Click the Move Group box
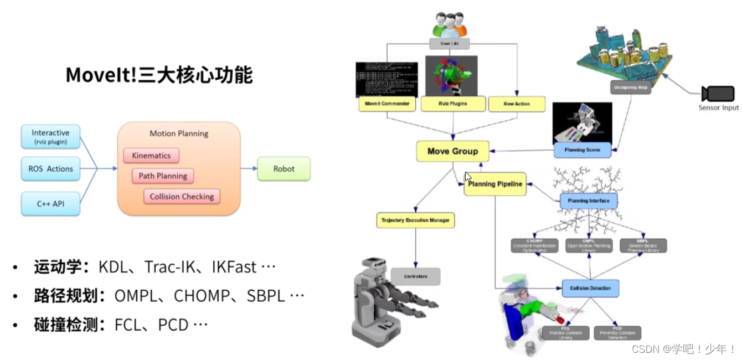453,151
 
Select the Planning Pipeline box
495,184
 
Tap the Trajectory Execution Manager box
415,220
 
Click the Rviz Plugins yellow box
453,104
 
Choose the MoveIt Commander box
387,104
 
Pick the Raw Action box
516,104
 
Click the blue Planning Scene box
581,150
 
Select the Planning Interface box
588,200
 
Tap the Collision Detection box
590,288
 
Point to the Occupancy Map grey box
630,87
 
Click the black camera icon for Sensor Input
717,93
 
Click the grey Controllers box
415,276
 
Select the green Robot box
284,169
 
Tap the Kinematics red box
151,156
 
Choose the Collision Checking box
182,197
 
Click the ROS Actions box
50,169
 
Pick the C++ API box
50,204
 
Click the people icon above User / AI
449,25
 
